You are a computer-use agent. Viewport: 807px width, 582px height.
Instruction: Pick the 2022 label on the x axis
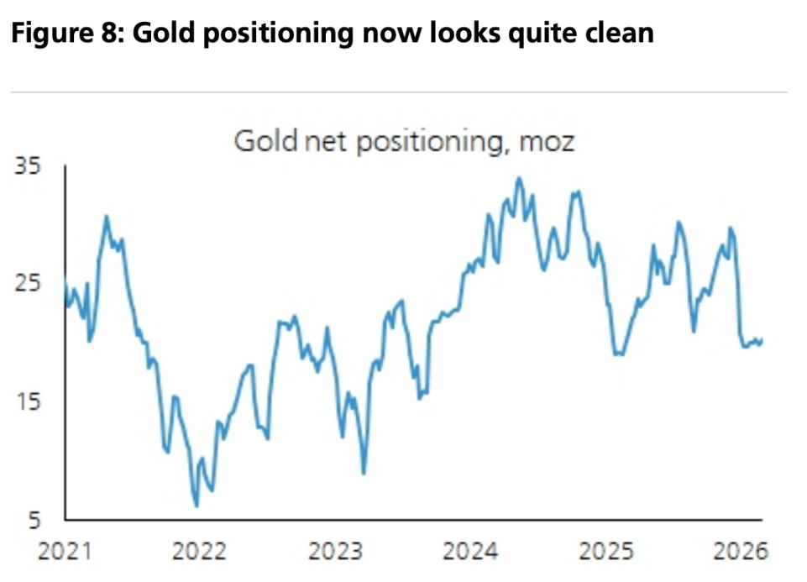pyautogui.click(x=200, y=552)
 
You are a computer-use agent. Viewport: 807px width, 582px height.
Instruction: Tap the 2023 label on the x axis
pyautogui.click(x=336, y=552)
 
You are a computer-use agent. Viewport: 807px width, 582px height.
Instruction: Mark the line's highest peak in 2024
pyautogui.click(x=518, y=178)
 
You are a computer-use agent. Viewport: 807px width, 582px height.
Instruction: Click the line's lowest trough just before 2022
pyautogui.click(x=197, y=506)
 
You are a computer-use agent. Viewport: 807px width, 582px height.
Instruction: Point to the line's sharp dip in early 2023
pyautogui.click(x=364, y=473)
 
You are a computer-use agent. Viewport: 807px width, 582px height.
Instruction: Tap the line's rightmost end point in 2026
pyautogui.click(x=762, y=339)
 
